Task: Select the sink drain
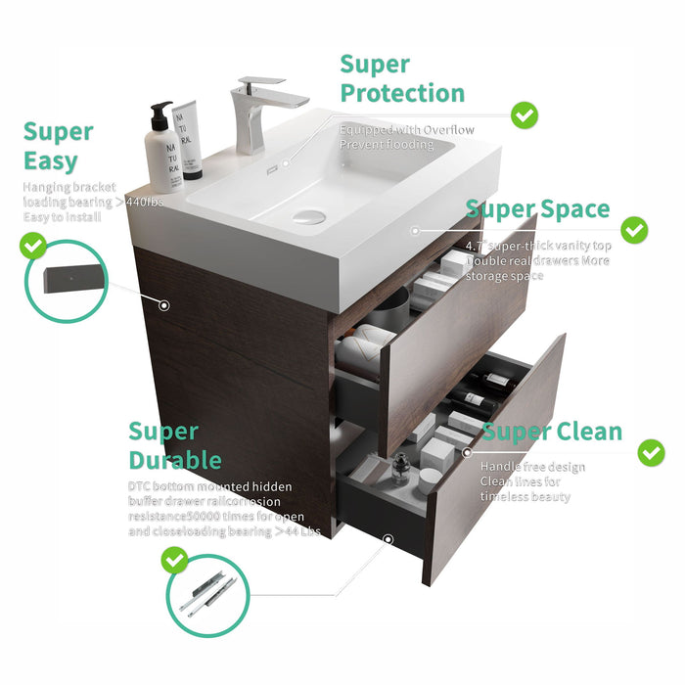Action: [x=308, y=215]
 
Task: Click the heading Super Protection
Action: [x=402, y=79]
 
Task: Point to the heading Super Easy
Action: [x=58, y=146]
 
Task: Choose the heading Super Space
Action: [x=537, y=209]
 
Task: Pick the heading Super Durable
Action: [x=175, y=445]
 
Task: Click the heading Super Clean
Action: [x=551, y=432]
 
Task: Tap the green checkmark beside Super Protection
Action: [x=525, y=115]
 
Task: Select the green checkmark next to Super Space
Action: [x=635, y=231]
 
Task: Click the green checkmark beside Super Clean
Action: [x=651, y=452]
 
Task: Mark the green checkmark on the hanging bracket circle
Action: [x=33, y=246]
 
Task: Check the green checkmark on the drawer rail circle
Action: [x=175, y=560]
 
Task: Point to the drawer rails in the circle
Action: [x=211, y=593]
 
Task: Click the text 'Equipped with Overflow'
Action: [x=406, y=129]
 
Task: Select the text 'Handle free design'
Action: [x=532, y=467]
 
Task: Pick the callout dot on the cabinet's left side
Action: [x=164, y=305]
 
